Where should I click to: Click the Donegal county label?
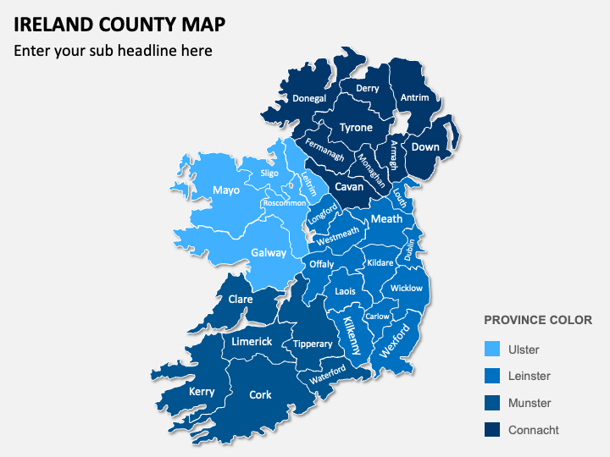click(309, 98)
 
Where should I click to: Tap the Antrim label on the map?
click(414, 97)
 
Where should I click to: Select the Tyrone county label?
click(356, 128)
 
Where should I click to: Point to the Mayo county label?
click(226, 190)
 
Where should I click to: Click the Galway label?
click(269, 252)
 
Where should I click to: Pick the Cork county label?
click(260, 394)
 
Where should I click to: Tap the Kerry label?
click(202, 391)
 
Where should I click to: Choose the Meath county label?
click(387, 218)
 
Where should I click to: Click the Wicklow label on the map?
click(407, 289)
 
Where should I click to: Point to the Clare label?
click(241, 299)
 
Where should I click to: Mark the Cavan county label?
click(349, 187)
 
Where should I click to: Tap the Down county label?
click(425, 146)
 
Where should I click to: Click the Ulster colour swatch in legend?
click(492, 350)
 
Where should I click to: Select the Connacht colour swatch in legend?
click(492, 430)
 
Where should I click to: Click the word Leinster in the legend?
click(529, 376)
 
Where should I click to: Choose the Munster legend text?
click(530, 403)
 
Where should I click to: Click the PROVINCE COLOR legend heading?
click(537, 321)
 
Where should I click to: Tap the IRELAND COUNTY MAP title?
click(119, 24)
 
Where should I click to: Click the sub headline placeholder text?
click(113, 51)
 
